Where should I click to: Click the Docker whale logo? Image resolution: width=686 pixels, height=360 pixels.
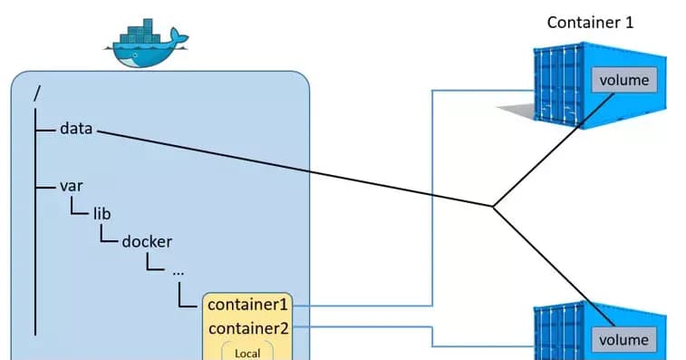145,45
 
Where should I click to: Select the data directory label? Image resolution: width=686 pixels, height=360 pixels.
76,129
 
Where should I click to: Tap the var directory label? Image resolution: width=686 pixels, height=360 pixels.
72,186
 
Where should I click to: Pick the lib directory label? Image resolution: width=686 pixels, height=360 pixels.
101,214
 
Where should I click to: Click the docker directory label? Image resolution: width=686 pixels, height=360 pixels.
147,242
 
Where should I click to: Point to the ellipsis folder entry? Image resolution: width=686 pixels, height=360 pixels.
178,270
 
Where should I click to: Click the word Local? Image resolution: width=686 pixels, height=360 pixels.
247,353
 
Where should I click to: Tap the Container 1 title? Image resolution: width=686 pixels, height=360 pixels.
590,22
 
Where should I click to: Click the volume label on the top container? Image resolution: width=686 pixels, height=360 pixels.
623,80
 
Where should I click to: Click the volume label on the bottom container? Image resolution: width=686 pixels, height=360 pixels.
623,340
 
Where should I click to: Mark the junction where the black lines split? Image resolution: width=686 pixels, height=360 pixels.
493,207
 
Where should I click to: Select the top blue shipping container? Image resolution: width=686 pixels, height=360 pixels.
562,91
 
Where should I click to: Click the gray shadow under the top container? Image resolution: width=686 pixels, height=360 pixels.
517,112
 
